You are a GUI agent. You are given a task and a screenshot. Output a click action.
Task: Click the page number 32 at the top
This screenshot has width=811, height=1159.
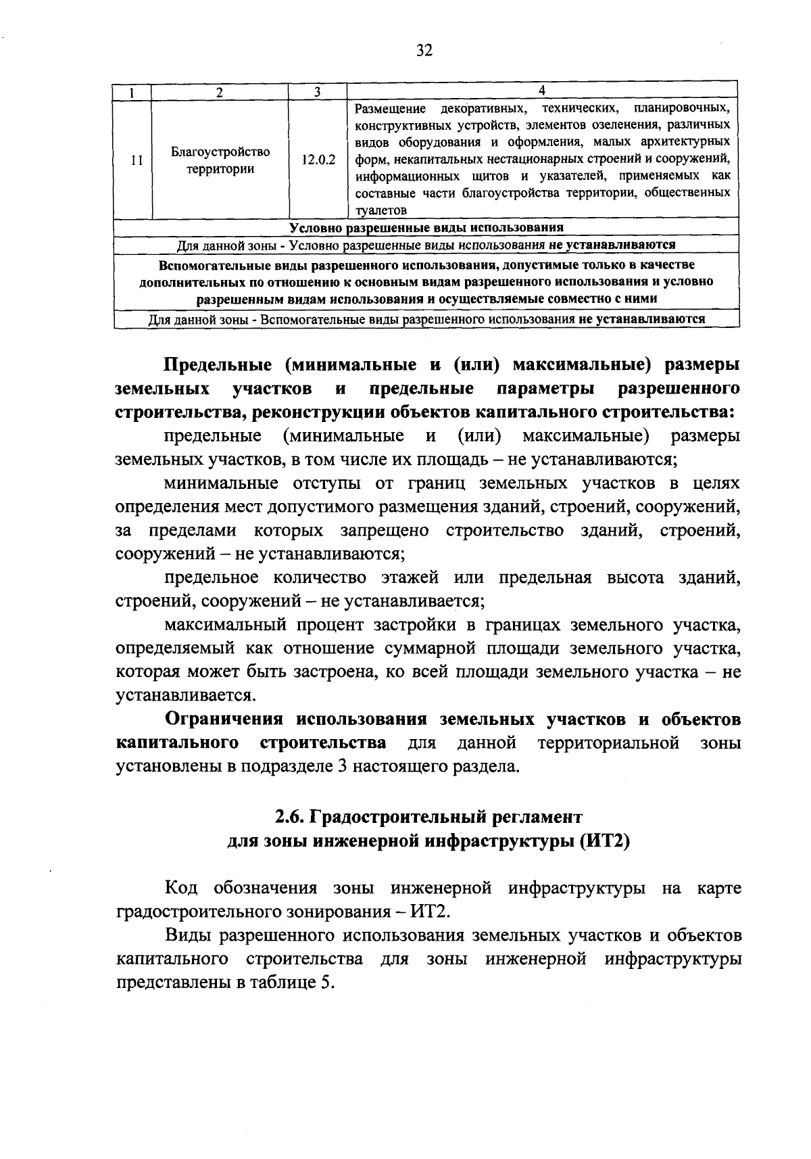pyautogui.click(x=424, y=51)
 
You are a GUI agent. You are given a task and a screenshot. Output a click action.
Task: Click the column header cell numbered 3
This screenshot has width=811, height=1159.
pyautogui.click(x=316, y=92)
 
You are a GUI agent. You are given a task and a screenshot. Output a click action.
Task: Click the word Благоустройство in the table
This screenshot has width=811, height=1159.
pyautogui.click(x=220, y=152)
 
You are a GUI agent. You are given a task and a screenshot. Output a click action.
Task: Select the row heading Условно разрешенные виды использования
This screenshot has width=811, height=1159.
pyautogui.click(x=426, y=227)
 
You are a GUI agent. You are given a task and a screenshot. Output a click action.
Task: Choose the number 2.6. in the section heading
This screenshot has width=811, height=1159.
pyautogui.click(x=291, y=817)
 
